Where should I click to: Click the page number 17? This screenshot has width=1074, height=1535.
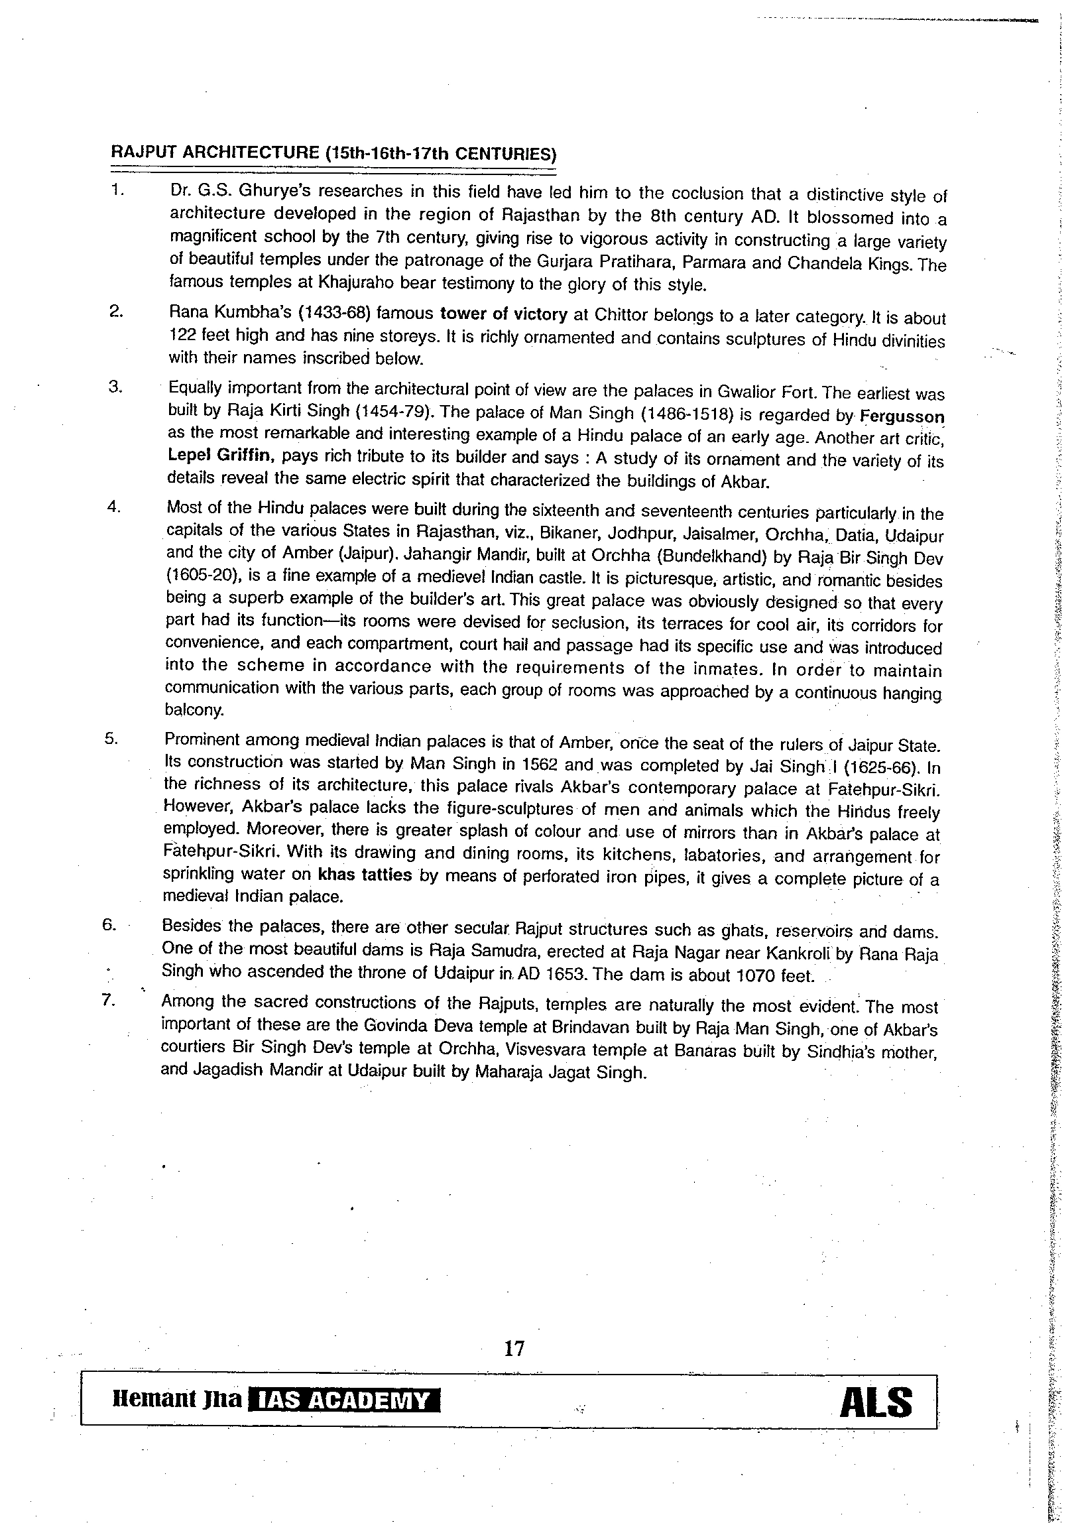514,1349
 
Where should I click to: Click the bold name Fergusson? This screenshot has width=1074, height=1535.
902,416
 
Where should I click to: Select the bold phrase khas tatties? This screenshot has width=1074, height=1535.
364,875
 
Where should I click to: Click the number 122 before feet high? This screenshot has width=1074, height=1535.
181,334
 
